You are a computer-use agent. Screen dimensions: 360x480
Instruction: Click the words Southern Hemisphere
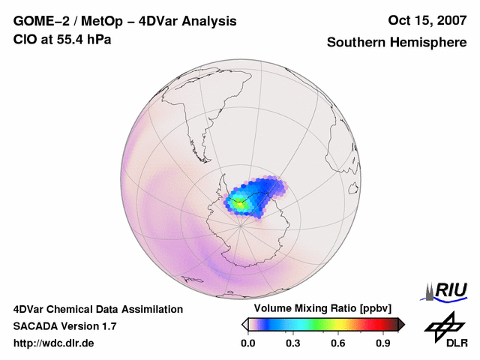click(396, 43)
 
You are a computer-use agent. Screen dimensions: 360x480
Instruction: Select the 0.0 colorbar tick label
click(247, 343)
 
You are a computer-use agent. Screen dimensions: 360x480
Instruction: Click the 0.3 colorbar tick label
click(293, 343)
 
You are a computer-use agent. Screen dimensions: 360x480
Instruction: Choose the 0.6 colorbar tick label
click(338, 343)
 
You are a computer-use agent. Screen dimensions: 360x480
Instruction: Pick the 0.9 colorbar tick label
click(384, 343)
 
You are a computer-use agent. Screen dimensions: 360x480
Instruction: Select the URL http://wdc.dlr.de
click(54, 343)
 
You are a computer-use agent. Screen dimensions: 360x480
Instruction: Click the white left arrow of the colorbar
click(245, 324)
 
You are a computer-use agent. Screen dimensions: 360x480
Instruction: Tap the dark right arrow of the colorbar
click(401, 324)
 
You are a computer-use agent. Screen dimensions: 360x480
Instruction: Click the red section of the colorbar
click(371, 324)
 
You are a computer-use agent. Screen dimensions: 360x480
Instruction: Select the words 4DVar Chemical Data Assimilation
click(98, 309)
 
